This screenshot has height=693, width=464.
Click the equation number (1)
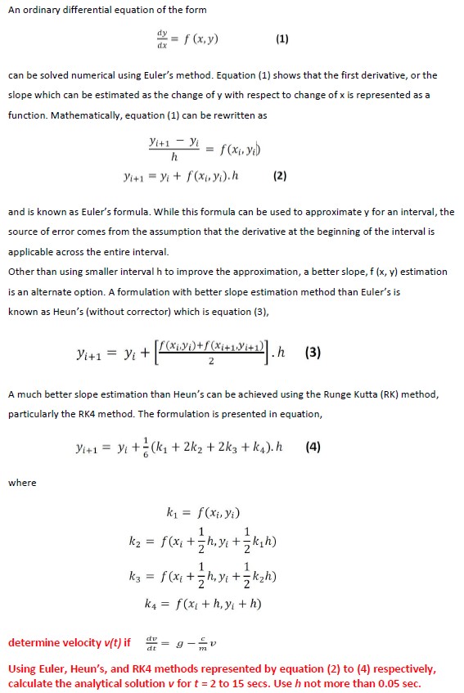(282, 38)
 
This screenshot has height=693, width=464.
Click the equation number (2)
(280, 175)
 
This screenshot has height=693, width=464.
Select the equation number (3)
(313, 354)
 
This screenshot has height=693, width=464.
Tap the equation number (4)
(314, 448)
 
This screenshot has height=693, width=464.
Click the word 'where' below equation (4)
(22, 483)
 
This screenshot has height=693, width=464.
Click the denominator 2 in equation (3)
(211, 361)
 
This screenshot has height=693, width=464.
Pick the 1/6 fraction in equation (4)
(136, 448)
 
